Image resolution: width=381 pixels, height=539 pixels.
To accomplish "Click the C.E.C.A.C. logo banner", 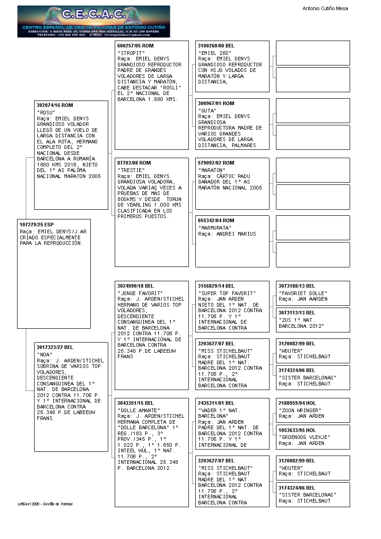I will pos(94,21).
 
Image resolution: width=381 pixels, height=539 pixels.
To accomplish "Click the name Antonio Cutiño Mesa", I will pos(325,8).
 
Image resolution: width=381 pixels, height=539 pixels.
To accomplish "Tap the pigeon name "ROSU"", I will pos(46,113).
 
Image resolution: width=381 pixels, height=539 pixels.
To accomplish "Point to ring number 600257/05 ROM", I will pos(135,46).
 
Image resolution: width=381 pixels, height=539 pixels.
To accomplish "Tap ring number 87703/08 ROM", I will pos(134,163).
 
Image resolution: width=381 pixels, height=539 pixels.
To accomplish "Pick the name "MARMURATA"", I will pos(215,228).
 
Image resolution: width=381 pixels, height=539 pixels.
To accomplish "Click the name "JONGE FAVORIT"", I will pos(141,293).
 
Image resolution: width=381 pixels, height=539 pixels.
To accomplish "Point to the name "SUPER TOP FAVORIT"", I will pos(226,293).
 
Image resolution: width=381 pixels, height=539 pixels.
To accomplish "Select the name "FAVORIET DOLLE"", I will pos(303,293).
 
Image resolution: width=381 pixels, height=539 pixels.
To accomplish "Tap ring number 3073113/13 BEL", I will pos(297,313).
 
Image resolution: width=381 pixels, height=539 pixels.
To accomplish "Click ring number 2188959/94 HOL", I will pos(297,403).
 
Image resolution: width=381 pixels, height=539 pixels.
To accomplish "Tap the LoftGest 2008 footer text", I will pos(45,504).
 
